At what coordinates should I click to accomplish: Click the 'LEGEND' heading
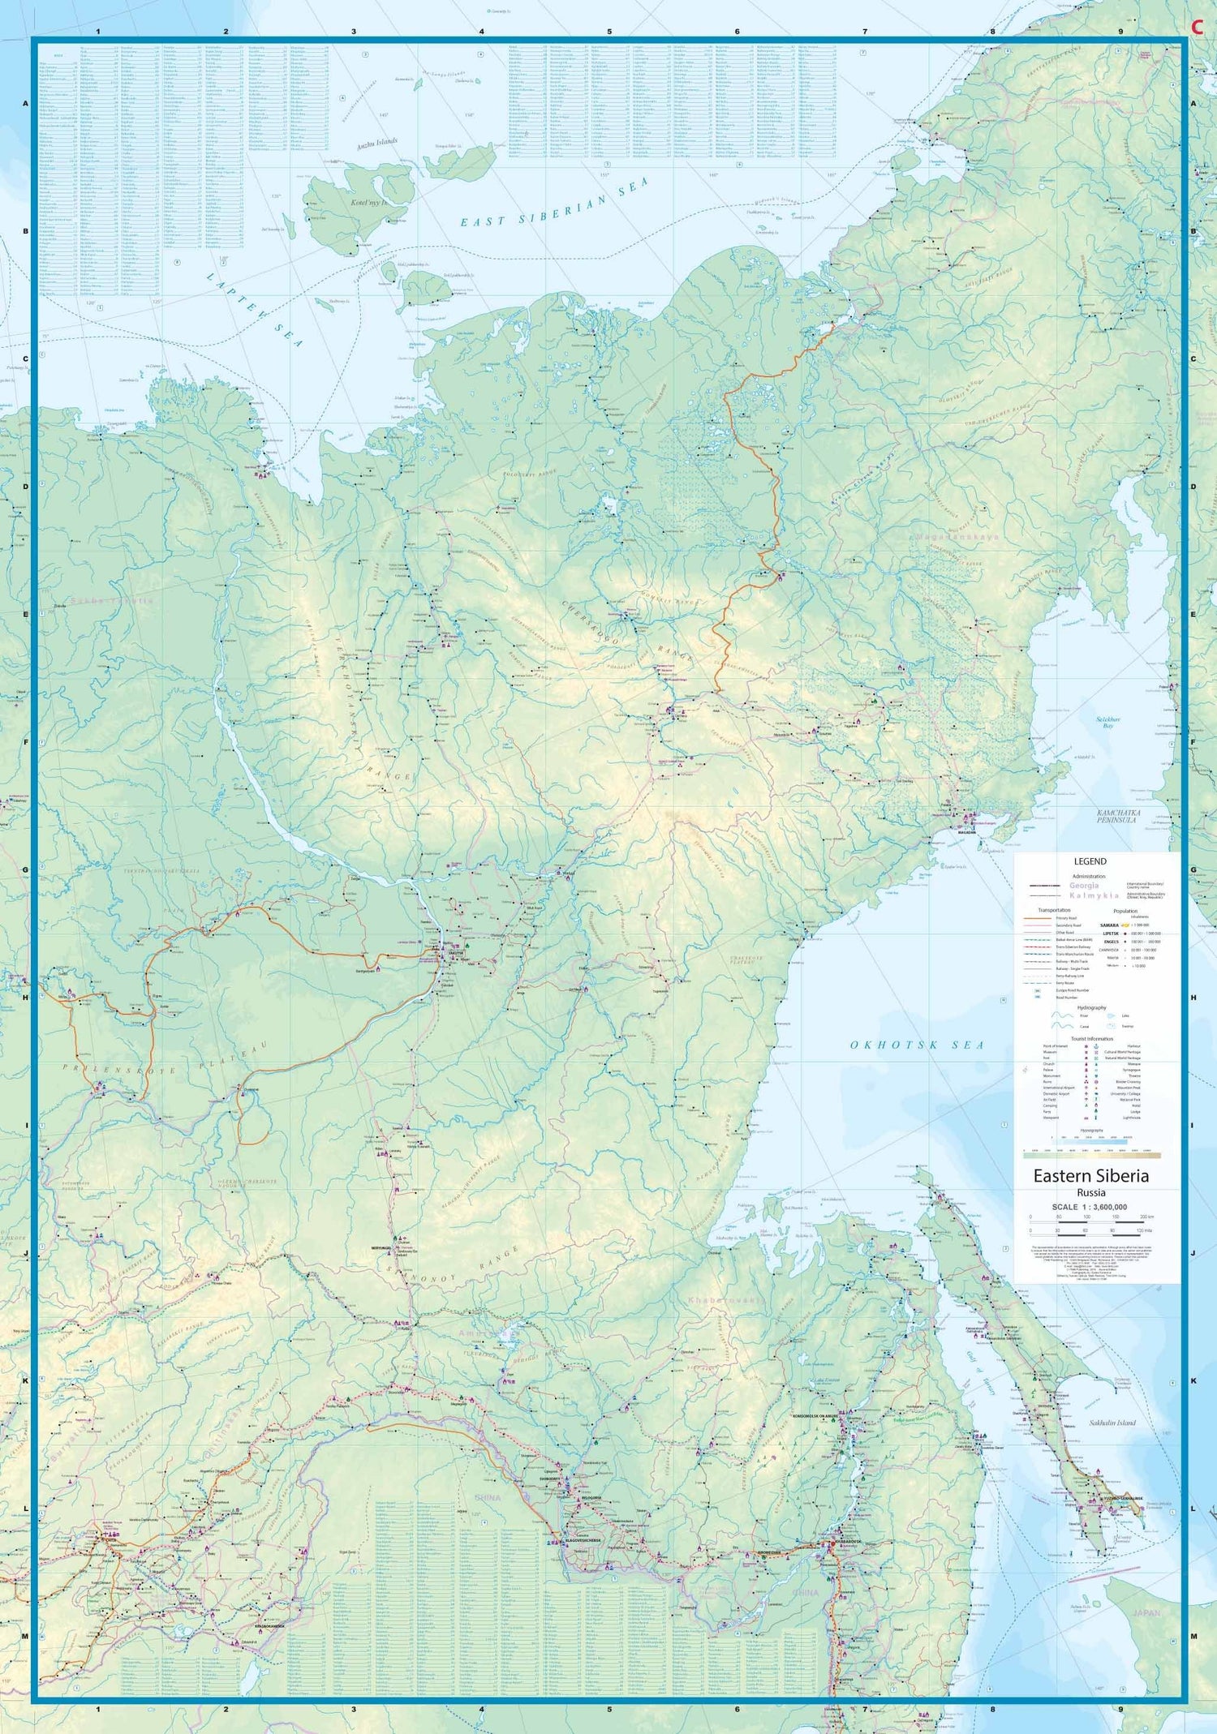1090,861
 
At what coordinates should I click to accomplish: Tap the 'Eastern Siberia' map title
1090,1176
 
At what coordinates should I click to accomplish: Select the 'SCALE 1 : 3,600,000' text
1090,1207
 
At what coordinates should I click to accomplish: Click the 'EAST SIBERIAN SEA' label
555,203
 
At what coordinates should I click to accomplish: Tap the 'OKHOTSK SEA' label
917,1045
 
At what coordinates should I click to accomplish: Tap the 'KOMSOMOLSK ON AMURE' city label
821,1416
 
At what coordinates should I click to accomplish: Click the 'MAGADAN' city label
966,832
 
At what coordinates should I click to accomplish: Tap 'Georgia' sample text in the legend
1084,886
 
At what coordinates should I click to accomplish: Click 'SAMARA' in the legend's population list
1108,925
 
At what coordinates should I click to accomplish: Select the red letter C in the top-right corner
1196,27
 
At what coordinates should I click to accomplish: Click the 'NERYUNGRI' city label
382,1247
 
